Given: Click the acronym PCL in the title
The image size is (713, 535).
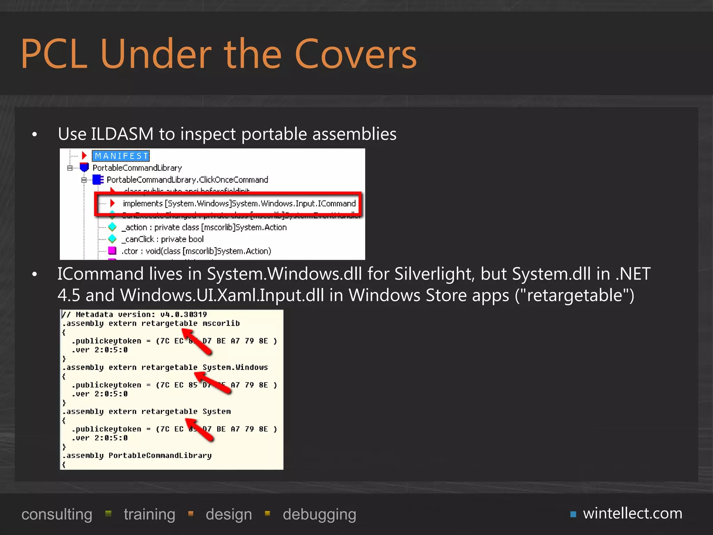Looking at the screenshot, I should [54, 54].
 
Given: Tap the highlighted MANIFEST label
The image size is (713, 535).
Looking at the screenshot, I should [121, 156].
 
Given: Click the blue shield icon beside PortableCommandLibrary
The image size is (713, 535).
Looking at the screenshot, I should [84, 168].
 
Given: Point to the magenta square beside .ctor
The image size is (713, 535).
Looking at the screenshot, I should [112, 251].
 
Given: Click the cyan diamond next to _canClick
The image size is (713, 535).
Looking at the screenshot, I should [112, 239].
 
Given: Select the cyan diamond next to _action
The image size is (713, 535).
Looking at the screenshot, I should [112, 227].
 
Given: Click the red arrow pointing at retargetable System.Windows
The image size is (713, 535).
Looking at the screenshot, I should [212, 382].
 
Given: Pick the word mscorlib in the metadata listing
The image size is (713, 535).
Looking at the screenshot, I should [221, 324].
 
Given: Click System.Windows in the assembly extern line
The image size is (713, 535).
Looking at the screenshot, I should [235, 367].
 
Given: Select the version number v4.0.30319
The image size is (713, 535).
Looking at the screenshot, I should [183, 315].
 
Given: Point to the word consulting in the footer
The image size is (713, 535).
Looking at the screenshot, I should [57, 514].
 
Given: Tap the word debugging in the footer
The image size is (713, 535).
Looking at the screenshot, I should [319, 514].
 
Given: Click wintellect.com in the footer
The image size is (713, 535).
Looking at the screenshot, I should [633, 513].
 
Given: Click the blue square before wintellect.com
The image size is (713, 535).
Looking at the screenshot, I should [573, 514].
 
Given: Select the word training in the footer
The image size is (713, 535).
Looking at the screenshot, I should [149, 514].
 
